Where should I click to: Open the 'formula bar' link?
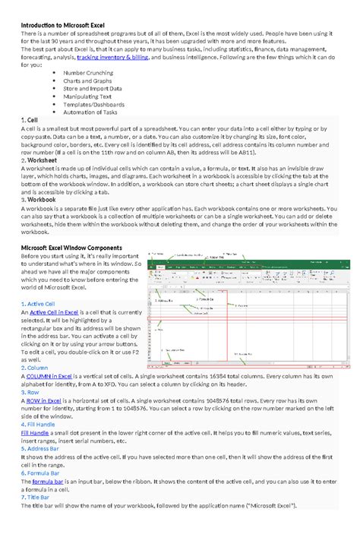click(48, 481)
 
